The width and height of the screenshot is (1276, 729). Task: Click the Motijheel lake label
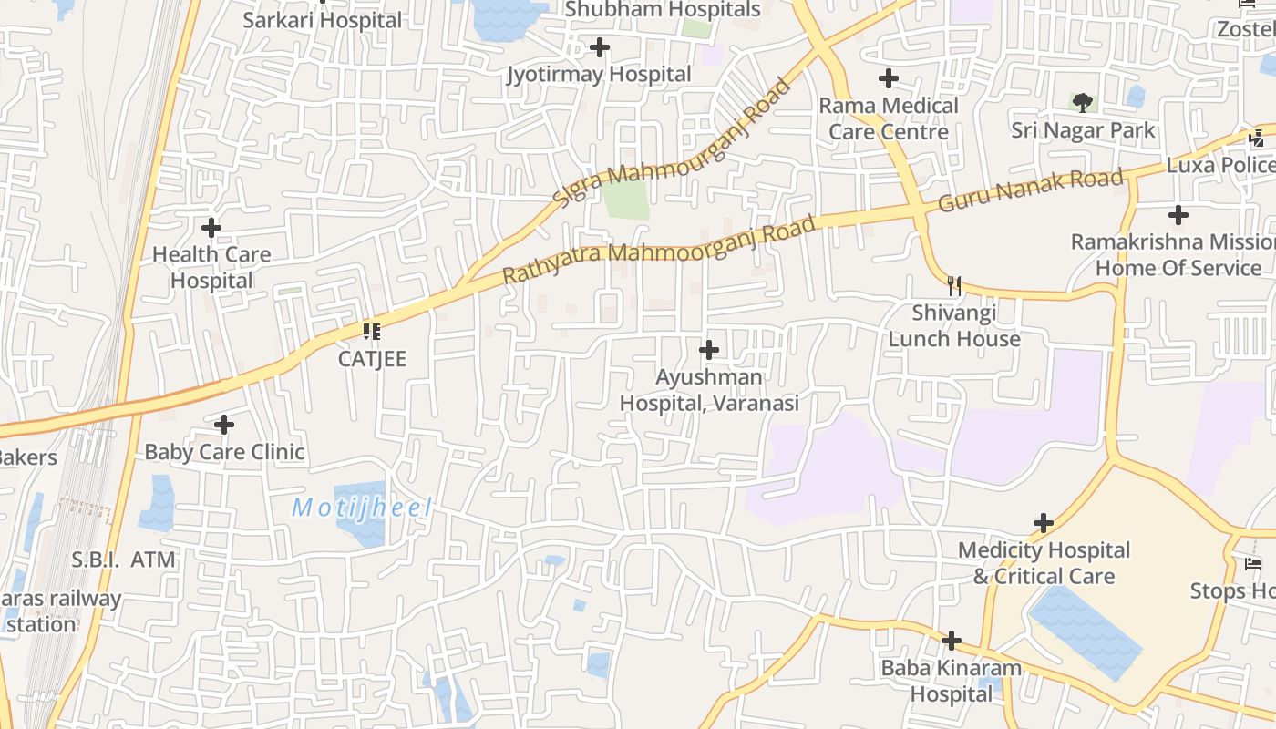click(x=361, y=508)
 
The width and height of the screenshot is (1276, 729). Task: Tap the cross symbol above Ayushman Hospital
click(x=708, y=349)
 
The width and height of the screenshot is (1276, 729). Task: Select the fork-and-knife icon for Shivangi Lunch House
click(x=954, y=285)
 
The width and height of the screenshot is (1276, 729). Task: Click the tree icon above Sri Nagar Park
click(x=1083, y=101)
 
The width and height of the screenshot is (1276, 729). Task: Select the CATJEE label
click(x=372, y=358)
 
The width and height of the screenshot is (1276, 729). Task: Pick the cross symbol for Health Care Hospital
click(x=211, y=227)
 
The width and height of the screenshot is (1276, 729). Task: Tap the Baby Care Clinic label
click(x=224, y=451)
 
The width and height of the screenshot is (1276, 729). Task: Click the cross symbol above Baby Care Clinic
click(x=224, y=424)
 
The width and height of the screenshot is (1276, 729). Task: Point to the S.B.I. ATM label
click(x=124, y=560)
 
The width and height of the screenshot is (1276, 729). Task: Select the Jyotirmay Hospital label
click(x=599, y=74)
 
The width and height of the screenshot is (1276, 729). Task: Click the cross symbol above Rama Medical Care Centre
click(x=889, y=78)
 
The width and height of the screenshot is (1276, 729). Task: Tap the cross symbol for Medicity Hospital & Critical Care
click(x=1044, y=523)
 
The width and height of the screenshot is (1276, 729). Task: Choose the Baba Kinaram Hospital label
click(x=951, y=681)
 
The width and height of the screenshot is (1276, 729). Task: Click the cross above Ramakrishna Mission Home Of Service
click(x=1178, y=215)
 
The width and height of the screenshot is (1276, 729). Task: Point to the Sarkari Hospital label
click(x=322, y=19)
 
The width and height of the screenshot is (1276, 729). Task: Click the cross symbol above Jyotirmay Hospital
click(x=600, y=46)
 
